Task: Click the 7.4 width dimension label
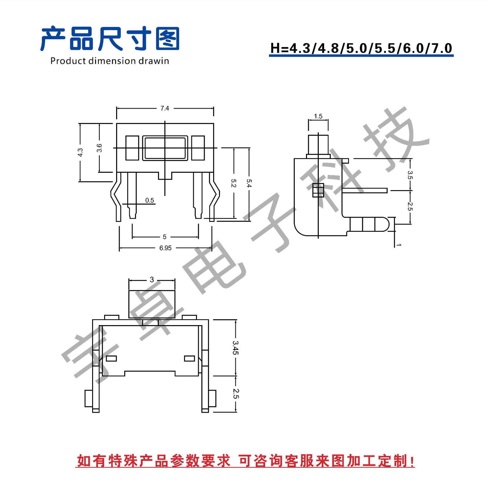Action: click(x=165, y=108)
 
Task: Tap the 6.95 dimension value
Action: click(x=165, y=248)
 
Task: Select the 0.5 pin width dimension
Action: click(x=150, y=200)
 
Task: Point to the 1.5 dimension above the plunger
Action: click(x=318, y=116)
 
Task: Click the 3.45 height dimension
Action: click(x=235, y=348)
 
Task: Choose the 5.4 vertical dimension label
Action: click(x=249, y=183)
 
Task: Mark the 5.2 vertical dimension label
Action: click(x=234, y=183)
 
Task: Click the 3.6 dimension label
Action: click(x=99, y=148)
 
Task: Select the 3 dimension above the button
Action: click(x=152, y=280)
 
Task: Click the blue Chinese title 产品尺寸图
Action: click(x=110, y=39)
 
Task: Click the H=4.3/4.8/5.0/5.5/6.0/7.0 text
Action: click(x=361, y=48)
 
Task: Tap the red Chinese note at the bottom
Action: click(x=245, y=461)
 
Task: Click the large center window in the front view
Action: click(x=165, y=148)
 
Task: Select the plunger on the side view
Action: click(x=318, y=144)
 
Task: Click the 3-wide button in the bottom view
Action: click(x=152, y=304)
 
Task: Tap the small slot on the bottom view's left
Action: click(x=111, y=359)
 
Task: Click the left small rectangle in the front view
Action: click(x=132, y=148)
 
